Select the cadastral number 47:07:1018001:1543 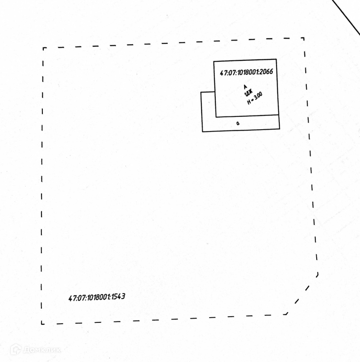click(x=97, y=297)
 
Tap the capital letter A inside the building click(x=245, y=87)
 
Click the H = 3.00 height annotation click(x=255, y=99)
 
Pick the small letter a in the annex click(x=238, y=123)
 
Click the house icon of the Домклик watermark click(x=16, y=349)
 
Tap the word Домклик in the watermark click(x=42, y=350)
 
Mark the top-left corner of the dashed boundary click(x=43, y=48)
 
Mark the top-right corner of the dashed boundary click(x=303, y=38)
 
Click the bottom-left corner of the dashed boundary click(x=42, y=324)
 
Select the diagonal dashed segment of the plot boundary click(x=302, y=294)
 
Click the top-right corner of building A click(x=277, y=60)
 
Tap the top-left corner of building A click(x=214, y=62)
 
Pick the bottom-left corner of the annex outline click(x=203, y=131)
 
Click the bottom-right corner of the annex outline click(x=279, y=128)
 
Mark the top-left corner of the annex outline click(x=201, y=92)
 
